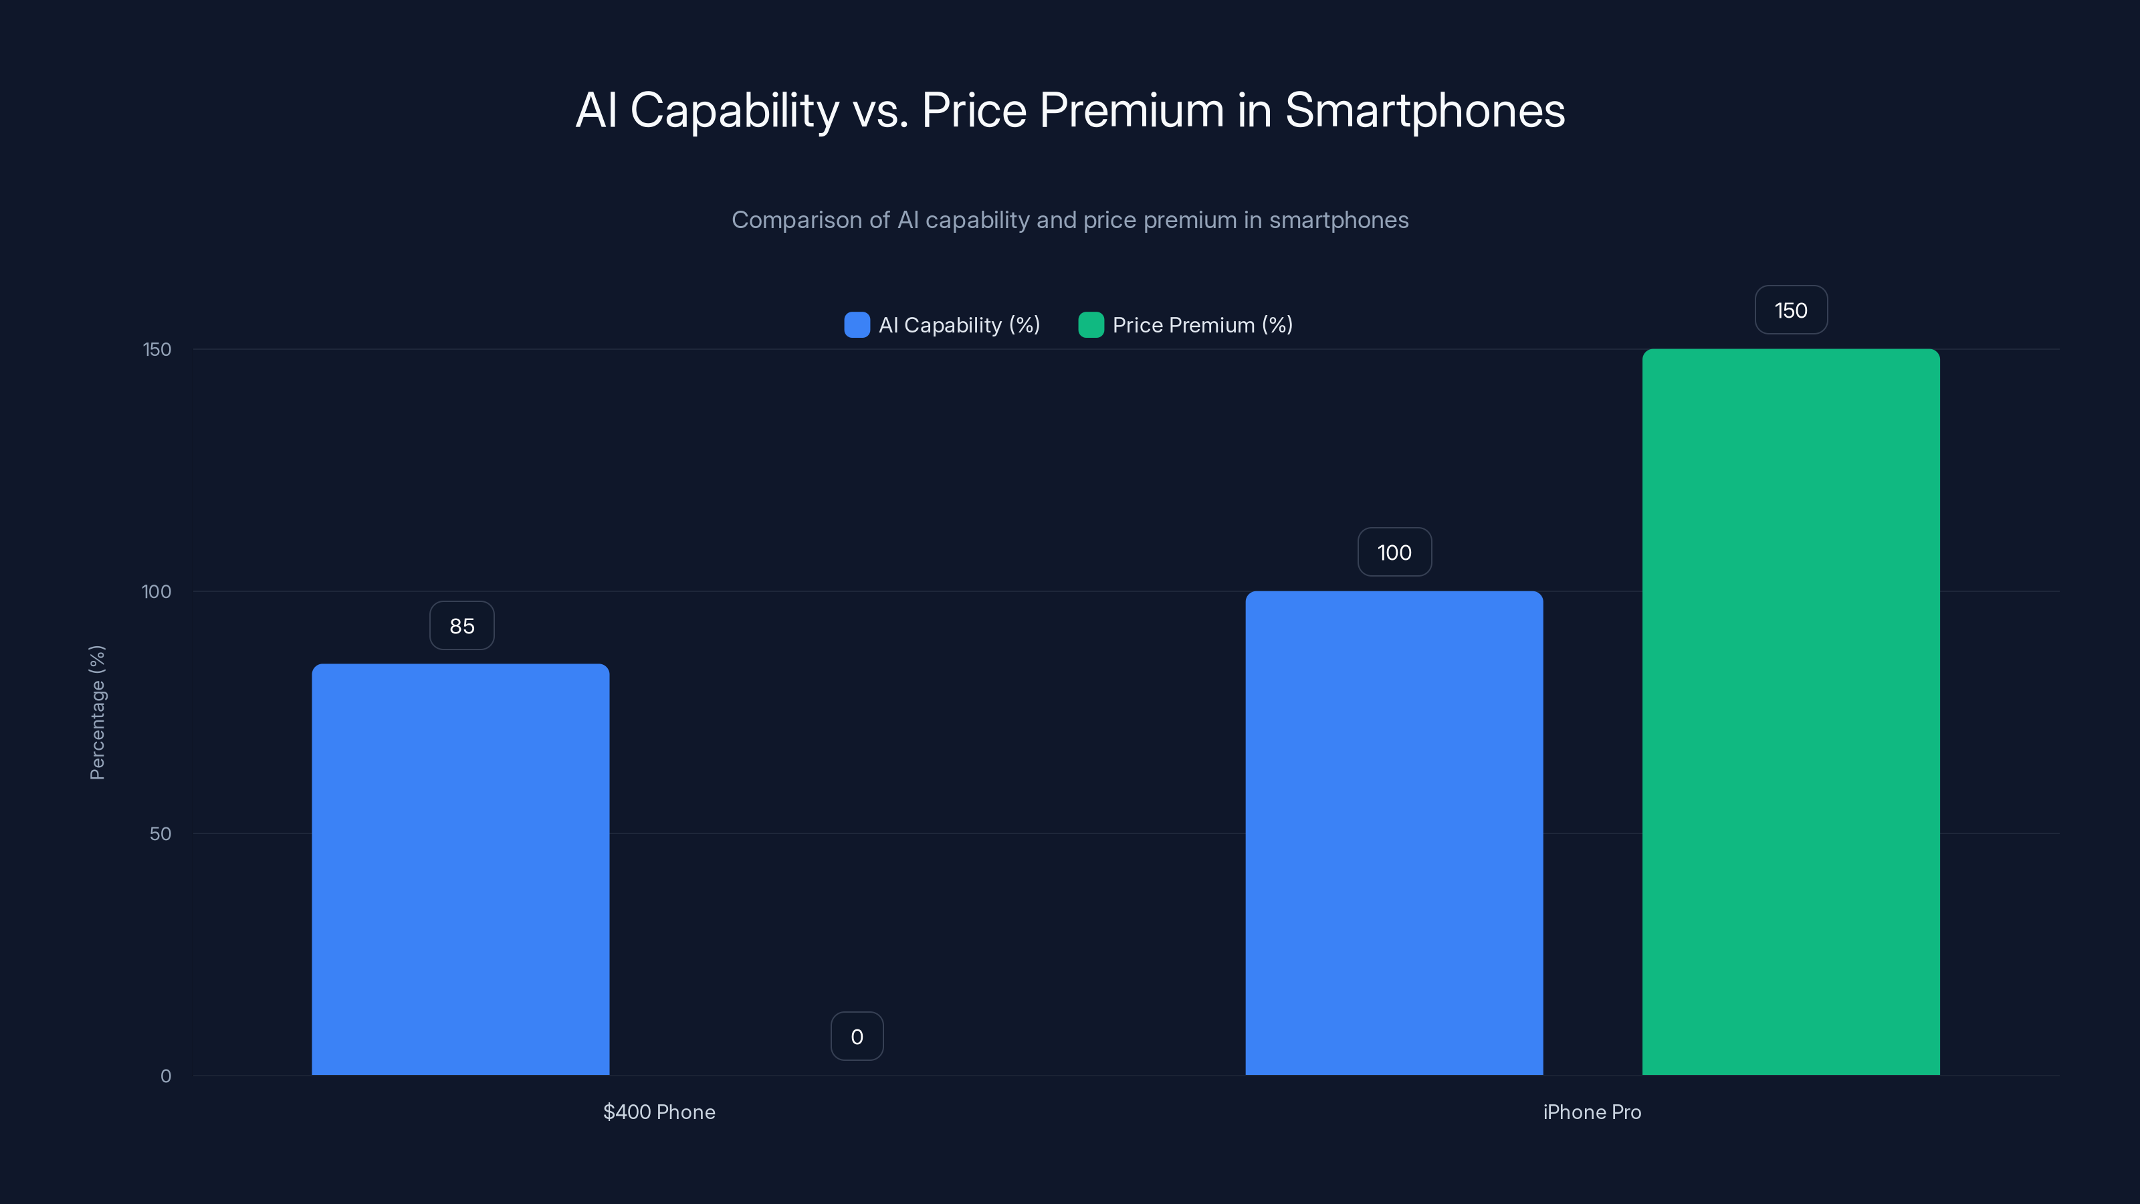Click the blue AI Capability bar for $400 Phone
pyautogui.click(x=460, y=868)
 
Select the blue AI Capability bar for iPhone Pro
pyautogui.click(x=1394, y=833)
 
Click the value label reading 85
pyautogui.click(x=462, y=625)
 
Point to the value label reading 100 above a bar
pyautogui.click(x=1394, y=553)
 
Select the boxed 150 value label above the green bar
pyautogui.click(x=1790, y=310)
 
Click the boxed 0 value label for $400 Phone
pyautogui.click(x=857, y=1036)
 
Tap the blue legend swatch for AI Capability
pyautogui.click(x=857, y=325)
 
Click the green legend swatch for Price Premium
pyautogui.click(x=1090, y=325)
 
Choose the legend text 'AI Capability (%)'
pyautogui.click(x=959, y=325)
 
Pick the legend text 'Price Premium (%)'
pyautogui.click(x=1202, y=325)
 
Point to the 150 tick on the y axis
pyautogui.click(x=157, y=349)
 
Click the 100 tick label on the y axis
pyautogui.click(x=156, y=591)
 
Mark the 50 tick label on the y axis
pyautogui.click(x=160, y=833)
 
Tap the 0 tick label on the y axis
pyautogui.click(x=165, y=1076)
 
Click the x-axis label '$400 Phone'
pyautogui.click(x=659, y=1112)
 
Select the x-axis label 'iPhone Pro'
pyautogui.click(x=1592, y=1112)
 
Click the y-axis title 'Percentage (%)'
pyautogui.click(x=97, y=712)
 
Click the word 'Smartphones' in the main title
pyautogui.click(x=1424, y=110)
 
